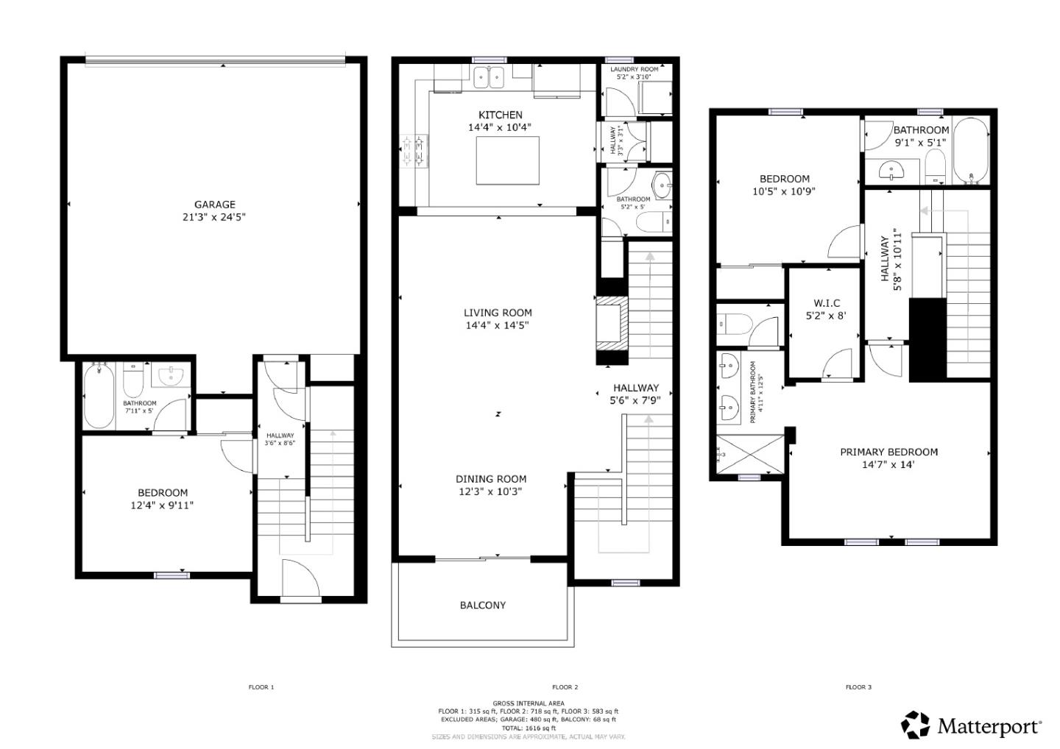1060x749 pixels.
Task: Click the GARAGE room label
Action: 214,205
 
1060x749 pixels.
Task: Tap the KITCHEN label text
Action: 500,115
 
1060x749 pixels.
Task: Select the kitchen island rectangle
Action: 507,160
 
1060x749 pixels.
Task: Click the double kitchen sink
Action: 487,77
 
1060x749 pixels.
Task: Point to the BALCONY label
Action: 483,605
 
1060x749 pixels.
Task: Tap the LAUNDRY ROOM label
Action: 634,69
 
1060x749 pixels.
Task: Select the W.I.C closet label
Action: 826,303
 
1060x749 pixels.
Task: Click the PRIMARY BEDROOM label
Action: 888,452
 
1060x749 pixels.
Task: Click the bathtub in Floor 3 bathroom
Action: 971,151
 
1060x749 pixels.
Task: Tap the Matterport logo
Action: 971,725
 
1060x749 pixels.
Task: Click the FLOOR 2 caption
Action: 565,687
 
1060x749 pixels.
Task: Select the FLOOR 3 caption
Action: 858,687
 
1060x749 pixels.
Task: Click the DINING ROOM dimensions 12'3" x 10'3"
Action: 490,491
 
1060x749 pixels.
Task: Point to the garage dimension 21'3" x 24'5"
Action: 214,217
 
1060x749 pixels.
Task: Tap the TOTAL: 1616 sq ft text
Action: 528,728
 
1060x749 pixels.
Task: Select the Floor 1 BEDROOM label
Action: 163,492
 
